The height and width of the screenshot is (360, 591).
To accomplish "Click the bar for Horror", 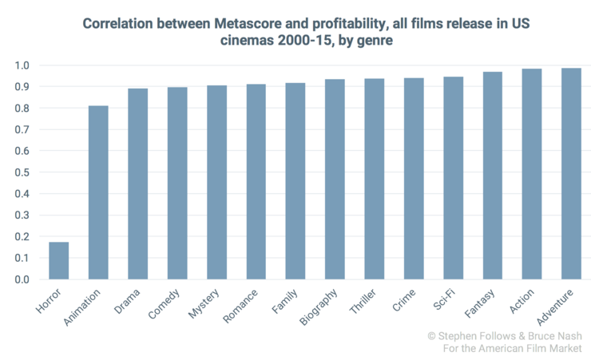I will (58, 261).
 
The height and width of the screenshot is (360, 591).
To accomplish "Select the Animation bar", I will (98, 192).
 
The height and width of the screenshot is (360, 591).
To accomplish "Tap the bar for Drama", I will (137, 184).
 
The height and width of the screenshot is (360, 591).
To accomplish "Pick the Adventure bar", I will (571, 174).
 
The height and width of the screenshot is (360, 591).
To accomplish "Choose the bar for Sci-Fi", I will (453, 178).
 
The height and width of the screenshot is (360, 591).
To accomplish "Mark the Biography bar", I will (335, 180).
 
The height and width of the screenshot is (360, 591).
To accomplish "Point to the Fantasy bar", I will (492, 176).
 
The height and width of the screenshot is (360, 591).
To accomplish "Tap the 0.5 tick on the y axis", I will (25, 172).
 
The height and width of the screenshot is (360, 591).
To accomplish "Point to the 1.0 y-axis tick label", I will (25, 65).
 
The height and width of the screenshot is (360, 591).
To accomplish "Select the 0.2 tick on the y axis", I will (25, 237).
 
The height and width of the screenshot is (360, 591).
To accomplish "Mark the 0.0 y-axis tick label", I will (25, 280).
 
